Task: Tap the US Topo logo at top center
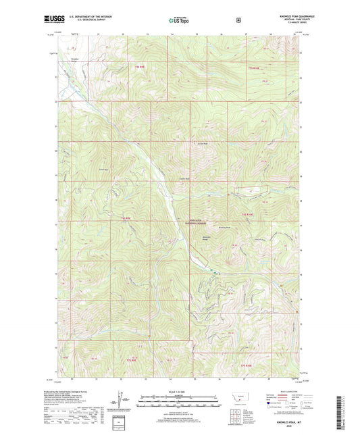click(x=179, y=20)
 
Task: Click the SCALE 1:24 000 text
click(x=180, y=392)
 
